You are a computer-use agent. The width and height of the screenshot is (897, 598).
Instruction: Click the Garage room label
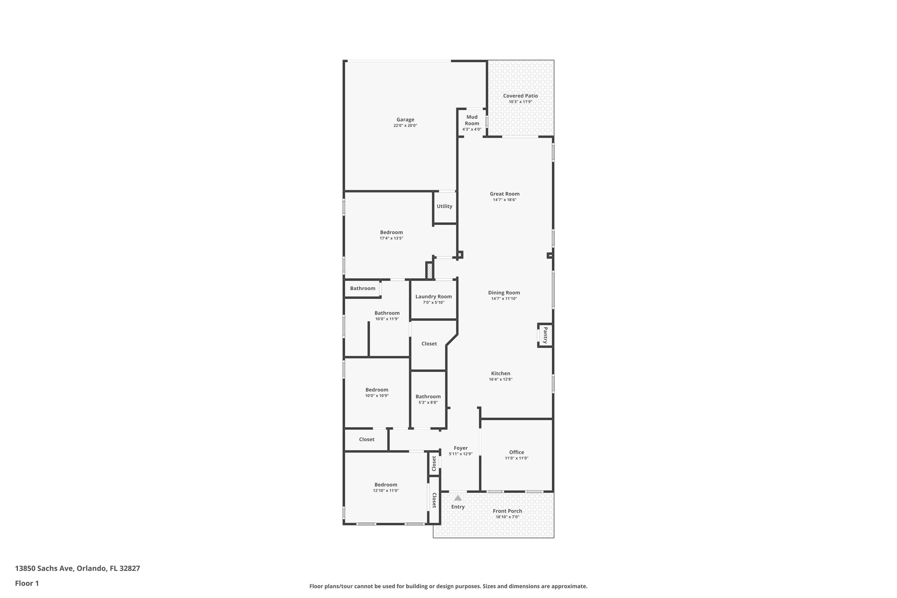(x=405, y=120)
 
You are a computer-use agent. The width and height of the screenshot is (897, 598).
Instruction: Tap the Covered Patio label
(x=520, y=96)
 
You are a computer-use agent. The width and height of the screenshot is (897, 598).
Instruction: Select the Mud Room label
(x=472, y=120)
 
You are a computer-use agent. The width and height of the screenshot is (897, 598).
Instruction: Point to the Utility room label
(x=444, y=206)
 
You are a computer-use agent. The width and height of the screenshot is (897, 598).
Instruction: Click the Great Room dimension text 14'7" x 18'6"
(x=505, y=200)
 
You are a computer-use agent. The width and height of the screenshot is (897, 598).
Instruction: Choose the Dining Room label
(x=504, y=293)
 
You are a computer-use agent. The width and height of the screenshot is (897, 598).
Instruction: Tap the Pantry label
(x=545, y=335)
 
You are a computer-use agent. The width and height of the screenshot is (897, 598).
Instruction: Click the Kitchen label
(x=501, y=374)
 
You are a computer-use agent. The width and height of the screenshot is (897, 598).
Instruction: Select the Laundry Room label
(x=434, y=297)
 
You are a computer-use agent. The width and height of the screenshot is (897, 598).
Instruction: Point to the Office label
(x=516, y=453)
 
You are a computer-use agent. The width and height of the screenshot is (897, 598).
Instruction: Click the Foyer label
(x=461, y=448)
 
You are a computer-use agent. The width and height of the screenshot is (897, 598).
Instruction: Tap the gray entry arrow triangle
(x=458, y=498)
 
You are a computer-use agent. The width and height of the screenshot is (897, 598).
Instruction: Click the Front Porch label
(x=507, y=511)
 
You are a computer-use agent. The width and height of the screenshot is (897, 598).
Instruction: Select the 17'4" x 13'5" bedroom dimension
(x=391, y=238)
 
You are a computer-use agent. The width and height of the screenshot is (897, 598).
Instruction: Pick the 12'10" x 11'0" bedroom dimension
(x=385, y=491)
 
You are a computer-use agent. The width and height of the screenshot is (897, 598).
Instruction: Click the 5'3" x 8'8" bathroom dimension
(x=428, y=403)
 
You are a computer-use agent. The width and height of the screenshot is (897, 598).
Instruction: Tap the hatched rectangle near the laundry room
(x=430, y=270)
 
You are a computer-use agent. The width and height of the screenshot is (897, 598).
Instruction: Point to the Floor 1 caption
(x=27, y=584)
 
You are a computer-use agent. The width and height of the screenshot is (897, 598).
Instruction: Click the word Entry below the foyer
(x=458, y=507)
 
